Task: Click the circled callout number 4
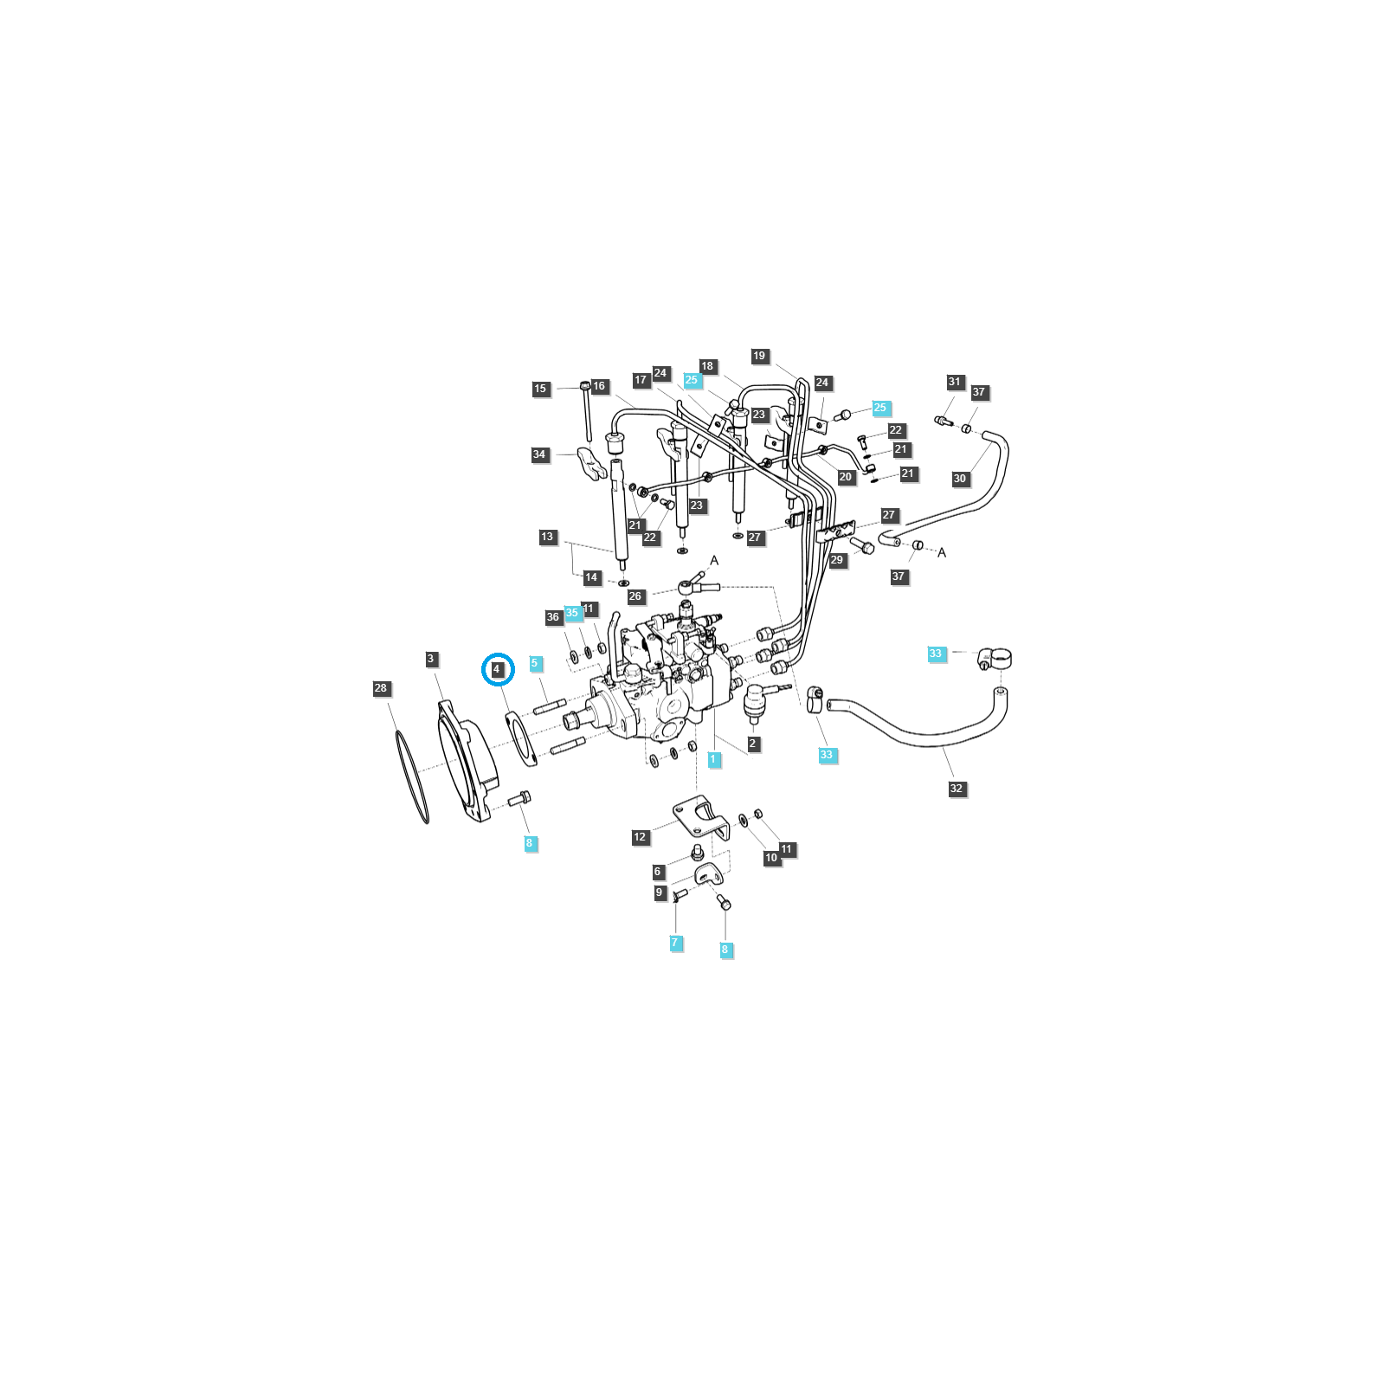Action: coord(497,670)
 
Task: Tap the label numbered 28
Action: coord(381,689)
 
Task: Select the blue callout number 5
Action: coord(535,663)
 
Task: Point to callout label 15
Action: coord(541,389)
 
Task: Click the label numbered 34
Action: coord(540,454)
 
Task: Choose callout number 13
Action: coord(547,538)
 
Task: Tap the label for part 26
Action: coord(635,596)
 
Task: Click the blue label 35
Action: coord(572,613)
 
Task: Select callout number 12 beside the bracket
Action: coord(640,837)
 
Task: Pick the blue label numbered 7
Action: coord(676,943)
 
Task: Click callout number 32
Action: coord(957,789)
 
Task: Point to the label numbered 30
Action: coord(960,479)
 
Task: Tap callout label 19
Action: coord(760,356)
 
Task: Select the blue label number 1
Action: coord(714,759)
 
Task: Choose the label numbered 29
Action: coord(837,560)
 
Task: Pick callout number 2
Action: coord(753,744)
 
